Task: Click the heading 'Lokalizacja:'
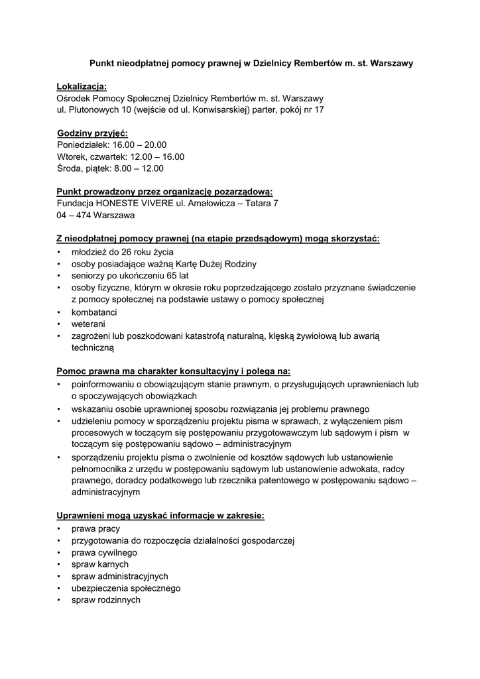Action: coord(81,87)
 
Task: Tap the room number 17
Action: coord(318,109)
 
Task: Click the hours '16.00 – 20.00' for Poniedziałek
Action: coord(140,145)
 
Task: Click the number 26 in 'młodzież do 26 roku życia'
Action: coord(130,253)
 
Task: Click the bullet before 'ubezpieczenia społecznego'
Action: coord(59,588)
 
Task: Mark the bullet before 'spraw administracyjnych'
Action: coord(59,576)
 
